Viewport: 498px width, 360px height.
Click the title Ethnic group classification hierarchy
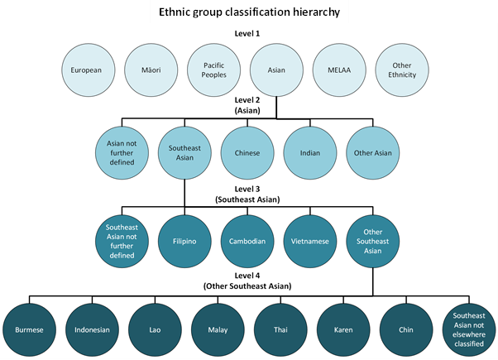[248, 13]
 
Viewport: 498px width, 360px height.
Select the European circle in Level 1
[87, 70]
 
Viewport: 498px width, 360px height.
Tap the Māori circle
[150, 70]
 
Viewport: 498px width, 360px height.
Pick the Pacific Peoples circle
[213, 70]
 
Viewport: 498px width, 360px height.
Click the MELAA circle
[338, 70]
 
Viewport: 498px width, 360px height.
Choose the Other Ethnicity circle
[401, 70]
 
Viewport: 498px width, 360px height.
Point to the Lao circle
[154, 329]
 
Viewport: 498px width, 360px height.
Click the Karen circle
[342, 329]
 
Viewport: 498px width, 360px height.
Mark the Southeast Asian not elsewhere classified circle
[468, 329]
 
